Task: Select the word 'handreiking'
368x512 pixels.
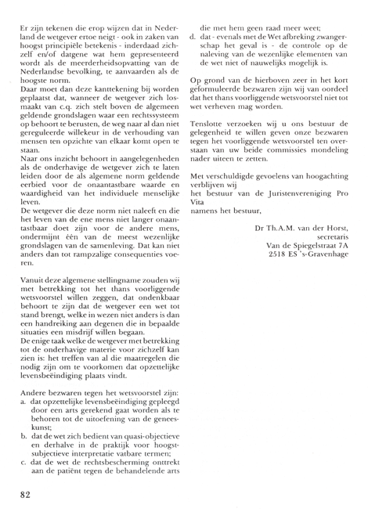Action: point(54,350)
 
